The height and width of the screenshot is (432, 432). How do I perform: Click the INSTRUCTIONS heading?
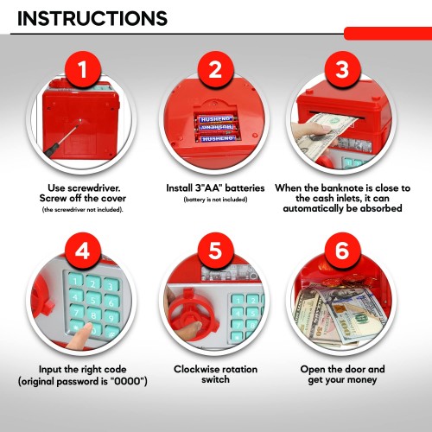pyautogui.click(x=92, y=18)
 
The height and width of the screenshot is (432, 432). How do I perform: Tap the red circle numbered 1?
pyautogui.click(x=83, y=69)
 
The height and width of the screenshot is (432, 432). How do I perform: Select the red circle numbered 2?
pyautogui.click(x=215, y=69)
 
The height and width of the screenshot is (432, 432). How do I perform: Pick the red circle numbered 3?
pyautogui.click(x=342, y=69)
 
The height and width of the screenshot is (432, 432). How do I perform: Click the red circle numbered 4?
pyautogui.click(x=83, y=251)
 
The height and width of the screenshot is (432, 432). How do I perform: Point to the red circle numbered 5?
pyautogui.click(x=215, y=251)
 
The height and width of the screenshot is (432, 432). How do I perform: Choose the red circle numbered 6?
pyautogui.click(x=342, y=251)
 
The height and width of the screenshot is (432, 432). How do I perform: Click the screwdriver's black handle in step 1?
pyautogui.click(x=52, y=149)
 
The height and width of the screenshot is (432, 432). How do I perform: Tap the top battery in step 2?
pyautogui.click(x=217, y=118)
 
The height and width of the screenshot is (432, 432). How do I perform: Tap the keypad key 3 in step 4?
pyautogui.click(x=111, y=286)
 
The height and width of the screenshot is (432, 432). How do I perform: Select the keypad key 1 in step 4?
pyautogui.click(x=75, y=281)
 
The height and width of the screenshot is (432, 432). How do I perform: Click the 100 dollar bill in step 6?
pyautogui.click(x=356, y=317)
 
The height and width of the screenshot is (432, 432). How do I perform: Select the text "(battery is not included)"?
pyautogui.click(x=215, y=200)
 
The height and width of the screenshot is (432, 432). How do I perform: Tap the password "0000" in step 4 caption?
pyautogui.click(x=127, y=381)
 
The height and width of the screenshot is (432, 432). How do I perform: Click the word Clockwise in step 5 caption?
pyautogui.click(x=194, y=369)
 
